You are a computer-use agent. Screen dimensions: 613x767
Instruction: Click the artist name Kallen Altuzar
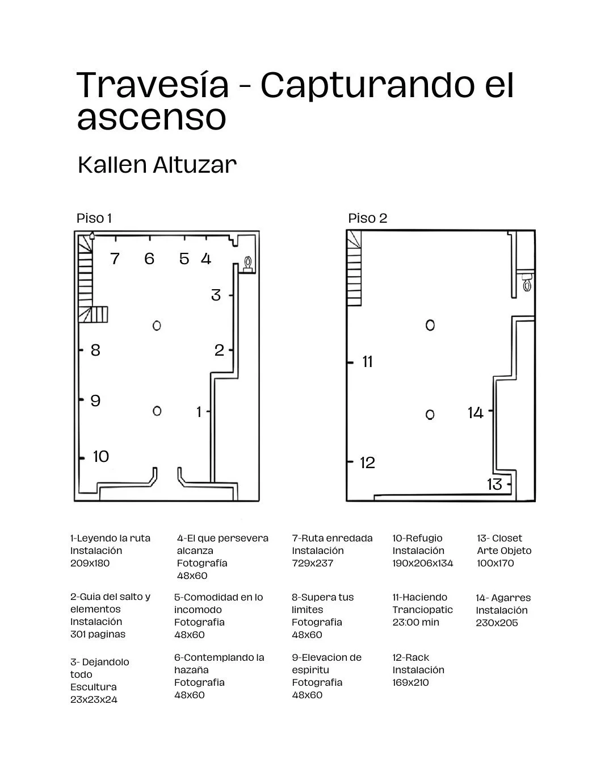[157, 165]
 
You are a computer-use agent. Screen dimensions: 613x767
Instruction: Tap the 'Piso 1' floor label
[94, 218]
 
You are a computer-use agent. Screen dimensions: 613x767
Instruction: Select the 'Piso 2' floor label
[367, 218]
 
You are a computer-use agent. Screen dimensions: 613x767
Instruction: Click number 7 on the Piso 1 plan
[115, 259]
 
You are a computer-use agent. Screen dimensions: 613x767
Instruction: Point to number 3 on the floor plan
[216, 295]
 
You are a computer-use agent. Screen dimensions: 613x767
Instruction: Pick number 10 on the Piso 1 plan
[101, 456]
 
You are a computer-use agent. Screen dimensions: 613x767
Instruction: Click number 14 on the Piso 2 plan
[475, 412]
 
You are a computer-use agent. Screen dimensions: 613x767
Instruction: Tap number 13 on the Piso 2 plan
[494, 484]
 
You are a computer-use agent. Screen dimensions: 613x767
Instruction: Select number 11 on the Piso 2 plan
[367, 362]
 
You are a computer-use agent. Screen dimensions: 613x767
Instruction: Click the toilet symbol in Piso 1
[247, 263]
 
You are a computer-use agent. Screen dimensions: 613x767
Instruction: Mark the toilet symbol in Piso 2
[527, 282]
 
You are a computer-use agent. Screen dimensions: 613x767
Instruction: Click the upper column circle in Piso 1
[157, 326]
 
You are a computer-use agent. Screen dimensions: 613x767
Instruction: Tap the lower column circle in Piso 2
[430, 415]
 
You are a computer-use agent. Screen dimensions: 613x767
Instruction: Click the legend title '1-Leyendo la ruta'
[110, 538]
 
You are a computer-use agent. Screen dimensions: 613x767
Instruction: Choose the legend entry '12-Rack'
[410, 657]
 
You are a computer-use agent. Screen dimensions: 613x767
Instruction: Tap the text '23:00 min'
[415, 622]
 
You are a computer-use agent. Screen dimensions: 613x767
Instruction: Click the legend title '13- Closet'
[499, 538]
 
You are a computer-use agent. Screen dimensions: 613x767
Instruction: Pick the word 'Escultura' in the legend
[93, 687]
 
